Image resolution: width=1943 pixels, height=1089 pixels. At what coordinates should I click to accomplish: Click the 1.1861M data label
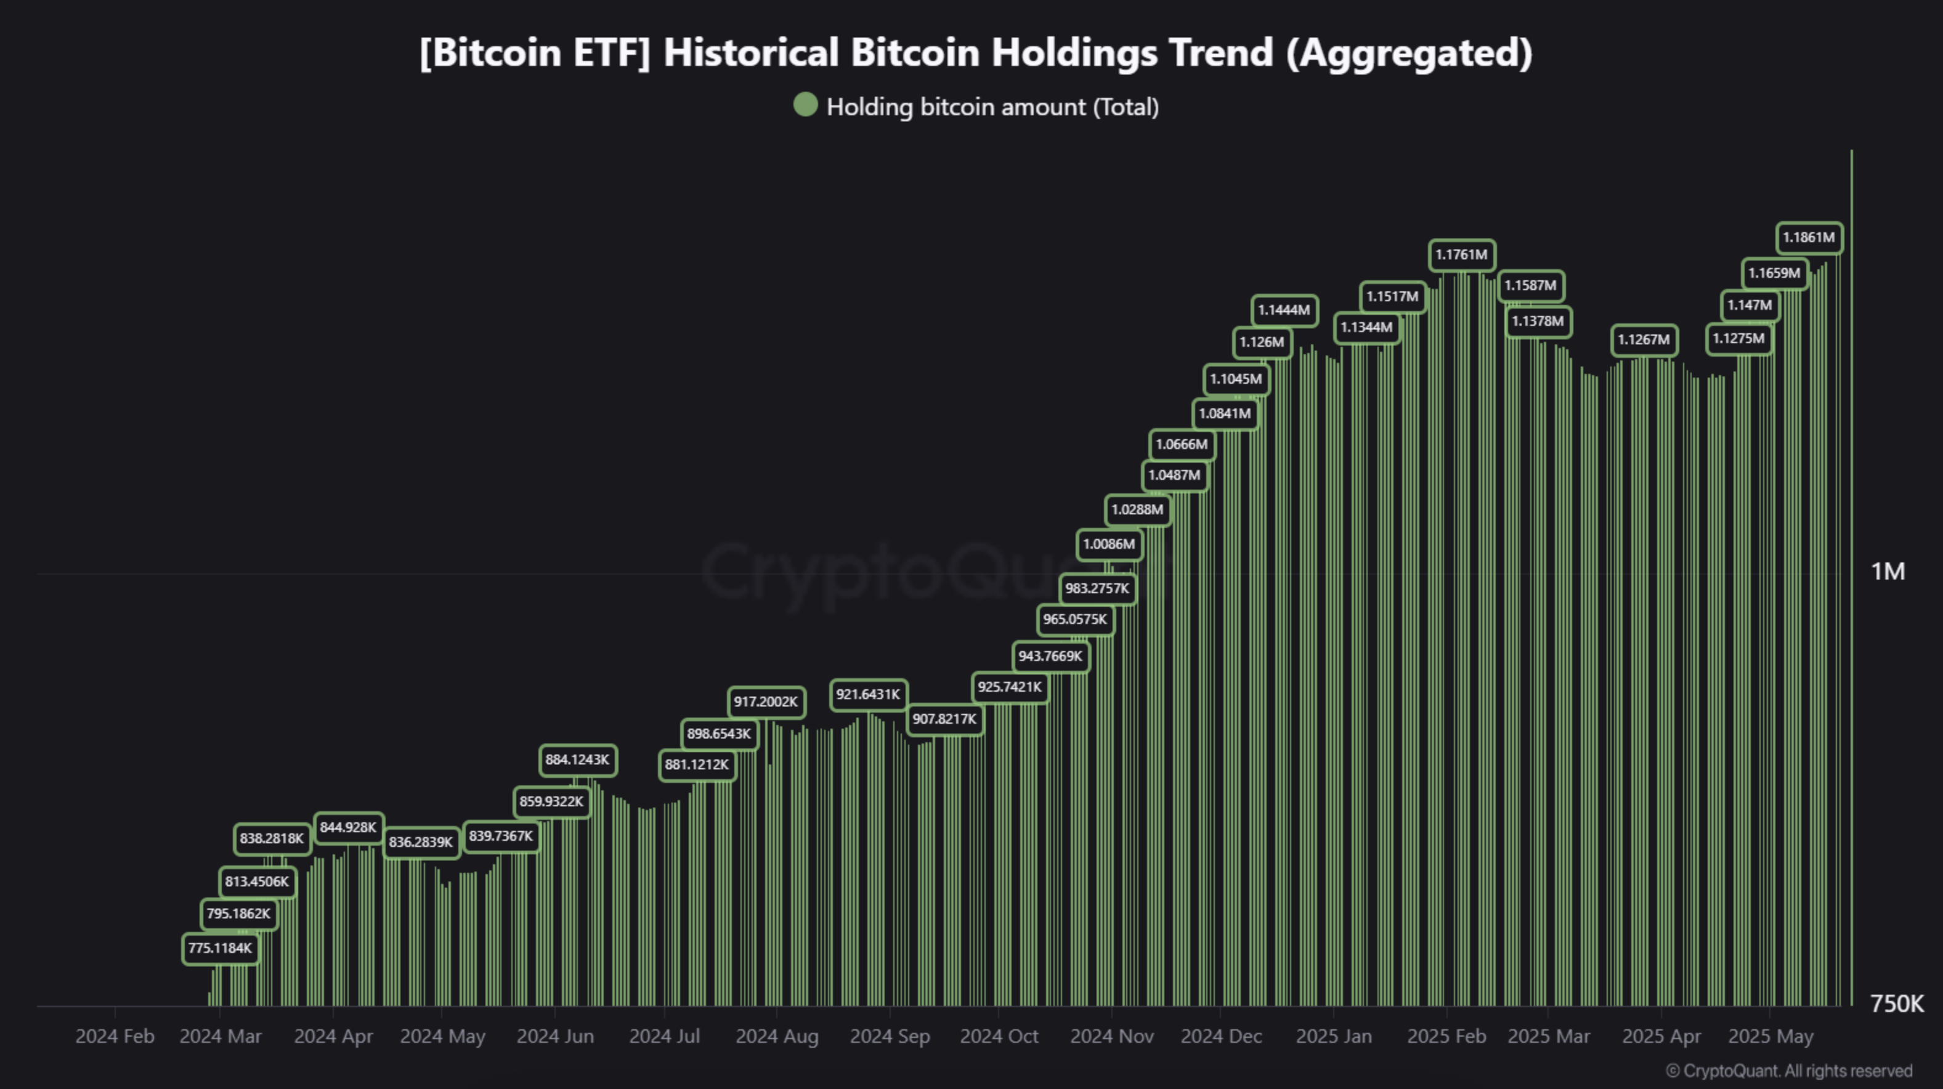1809,238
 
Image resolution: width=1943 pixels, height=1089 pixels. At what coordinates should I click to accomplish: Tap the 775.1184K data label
221,948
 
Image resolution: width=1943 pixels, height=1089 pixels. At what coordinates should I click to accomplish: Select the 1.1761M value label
1461,255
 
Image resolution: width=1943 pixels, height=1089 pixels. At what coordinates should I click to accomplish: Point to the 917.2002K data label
766,702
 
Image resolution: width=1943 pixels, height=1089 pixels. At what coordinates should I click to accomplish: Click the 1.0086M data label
1109,544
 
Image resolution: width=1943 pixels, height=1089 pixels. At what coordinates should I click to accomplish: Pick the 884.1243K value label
577,759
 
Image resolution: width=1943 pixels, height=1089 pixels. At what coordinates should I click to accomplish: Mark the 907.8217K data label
944,719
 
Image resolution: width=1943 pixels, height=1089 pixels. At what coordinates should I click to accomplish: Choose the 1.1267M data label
1644,339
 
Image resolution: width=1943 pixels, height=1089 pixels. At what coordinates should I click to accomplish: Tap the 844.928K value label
347,827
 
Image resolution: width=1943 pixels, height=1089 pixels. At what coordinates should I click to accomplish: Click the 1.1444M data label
1284,310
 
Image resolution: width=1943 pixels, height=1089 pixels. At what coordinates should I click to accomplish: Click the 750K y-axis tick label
1896,1004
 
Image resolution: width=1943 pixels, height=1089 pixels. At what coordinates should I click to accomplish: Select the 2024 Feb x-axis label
115,1036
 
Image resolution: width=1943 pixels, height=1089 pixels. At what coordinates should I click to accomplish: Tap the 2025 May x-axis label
1771,1036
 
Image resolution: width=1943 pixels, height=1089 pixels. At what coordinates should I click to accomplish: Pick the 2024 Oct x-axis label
999,1036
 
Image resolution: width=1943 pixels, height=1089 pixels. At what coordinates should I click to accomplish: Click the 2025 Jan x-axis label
1334,1036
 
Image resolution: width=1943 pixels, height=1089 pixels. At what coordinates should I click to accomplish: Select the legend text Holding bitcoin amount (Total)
992,107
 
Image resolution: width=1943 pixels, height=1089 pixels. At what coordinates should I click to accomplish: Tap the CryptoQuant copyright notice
1788,1071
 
